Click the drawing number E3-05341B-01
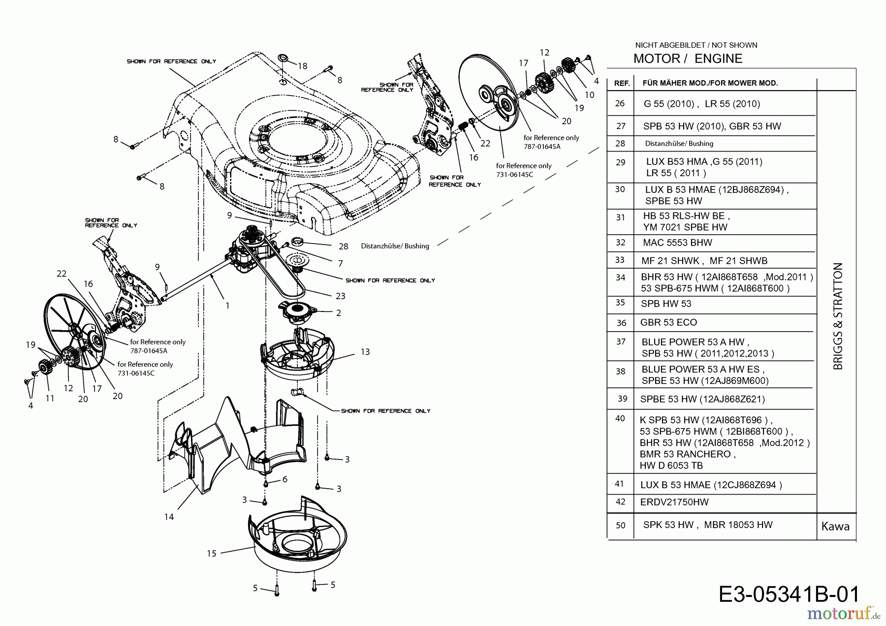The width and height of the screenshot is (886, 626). click(x=789, y=594)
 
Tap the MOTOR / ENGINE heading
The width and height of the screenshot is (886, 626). click(x=688, y=59)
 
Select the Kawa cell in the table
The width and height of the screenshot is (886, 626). click(x=835, y=527)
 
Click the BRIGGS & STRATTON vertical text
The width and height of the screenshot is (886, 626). click(x=838, y=316)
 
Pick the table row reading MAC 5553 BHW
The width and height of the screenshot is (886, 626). click(x=677, y=243)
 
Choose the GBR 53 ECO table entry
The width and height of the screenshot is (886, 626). click(x=668, y=322)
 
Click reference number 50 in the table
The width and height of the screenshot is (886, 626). click(x=620, y=525)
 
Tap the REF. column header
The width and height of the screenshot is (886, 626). click(x=622, y=83)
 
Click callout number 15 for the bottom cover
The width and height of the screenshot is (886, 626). click(x=212, y=553)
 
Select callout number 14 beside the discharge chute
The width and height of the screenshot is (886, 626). click(x=169, y=517)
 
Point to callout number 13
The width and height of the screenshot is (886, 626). click(x=365, y=352)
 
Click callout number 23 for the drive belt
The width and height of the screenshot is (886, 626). click(x=340, y=296)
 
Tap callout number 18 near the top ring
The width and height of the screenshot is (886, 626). click(x=302, y=66)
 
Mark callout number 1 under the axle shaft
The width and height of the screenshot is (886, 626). click(x=227, y=306)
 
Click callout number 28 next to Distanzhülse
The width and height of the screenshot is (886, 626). click(x=343, y=246)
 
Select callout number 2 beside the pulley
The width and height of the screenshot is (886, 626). click(x=339, y=313)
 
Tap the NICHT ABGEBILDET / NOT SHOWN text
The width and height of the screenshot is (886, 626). click(x=696, y=45)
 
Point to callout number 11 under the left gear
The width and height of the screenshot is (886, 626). click(x=50, y=398)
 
